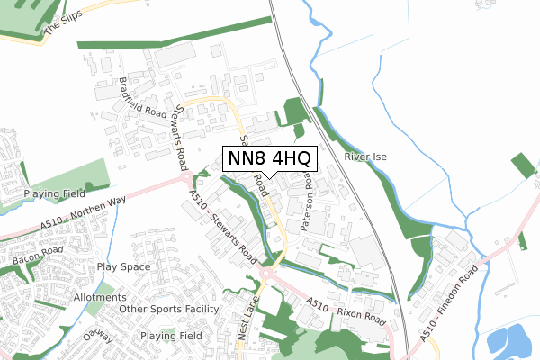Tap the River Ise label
pyautogui.click(x=365, y=157)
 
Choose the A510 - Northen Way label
pyautogui.click(x=82, y=216)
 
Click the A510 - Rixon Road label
pyautogui.click(x=346, y=311)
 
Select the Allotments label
pyautogui.click(x=100, y=297)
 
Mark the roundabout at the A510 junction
pyautogui.click(x=271, y=272)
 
